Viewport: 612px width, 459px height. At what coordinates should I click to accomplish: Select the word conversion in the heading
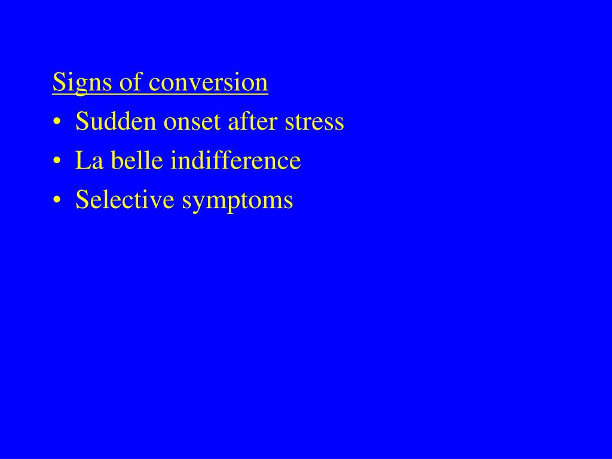(x=208, y=82)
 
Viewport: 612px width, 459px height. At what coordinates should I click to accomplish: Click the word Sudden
(x=111, y=122)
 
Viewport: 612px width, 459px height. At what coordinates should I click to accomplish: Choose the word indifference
(x=235, y=161)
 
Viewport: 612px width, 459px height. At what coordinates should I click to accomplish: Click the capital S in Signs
(x=58, y=82)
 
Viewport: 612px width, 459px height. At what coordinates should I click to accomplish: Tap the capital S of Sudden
(x=81, y=122)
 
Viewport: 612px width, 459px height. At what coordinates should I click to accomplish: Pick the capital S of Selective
(x=81, y=200)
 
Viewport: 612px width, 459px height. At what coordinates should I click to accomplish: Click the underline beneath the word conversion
(x=208, y=93)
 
